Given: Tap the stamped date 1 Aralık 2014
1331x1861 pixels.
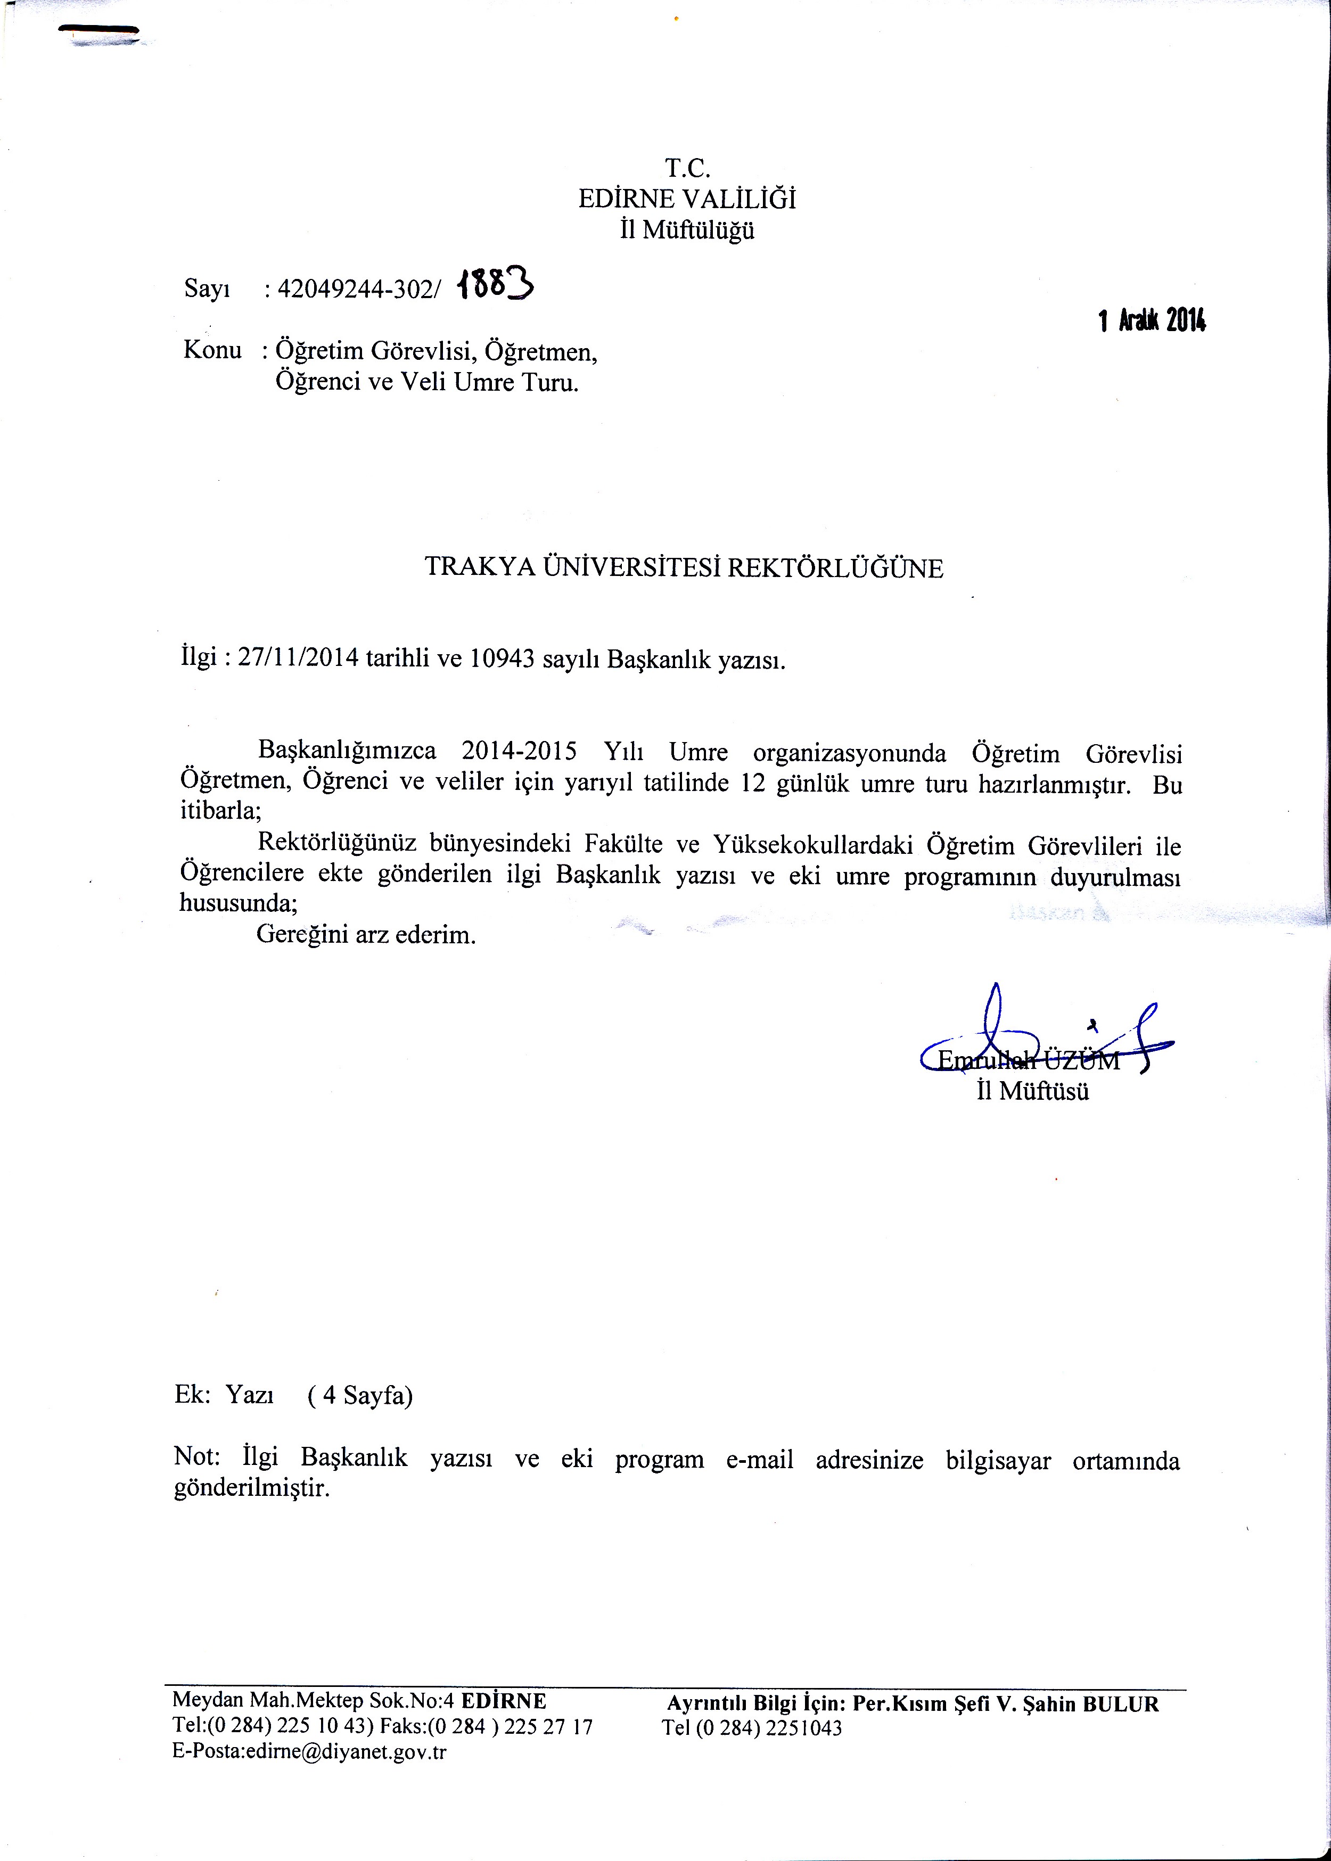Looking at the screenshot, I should pyautogui.click(x=1152, y=321).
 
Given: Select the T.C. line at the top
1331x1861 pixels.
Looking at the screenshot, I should pyautogui.click(x=687, y=169).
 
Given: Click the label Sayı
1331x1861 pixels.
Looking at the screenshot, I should pyautogui.click(x=207, y=289).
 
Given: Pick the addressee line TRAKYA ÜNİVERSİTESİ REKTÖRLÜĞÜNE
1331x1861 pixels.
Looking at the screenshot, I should pyautogui.click(x=684, y=569).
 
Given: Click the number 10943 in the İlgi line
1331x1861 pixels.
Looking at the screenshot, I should pyautogui.click(x=503, y=659).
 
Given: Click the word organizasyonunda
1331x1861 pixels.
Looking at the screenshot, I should pyautogui.click(x=849, y=753).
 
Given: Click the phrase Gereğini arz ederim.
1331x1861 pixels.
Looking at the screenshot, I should pyautogui.click(x=366, y=935).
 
